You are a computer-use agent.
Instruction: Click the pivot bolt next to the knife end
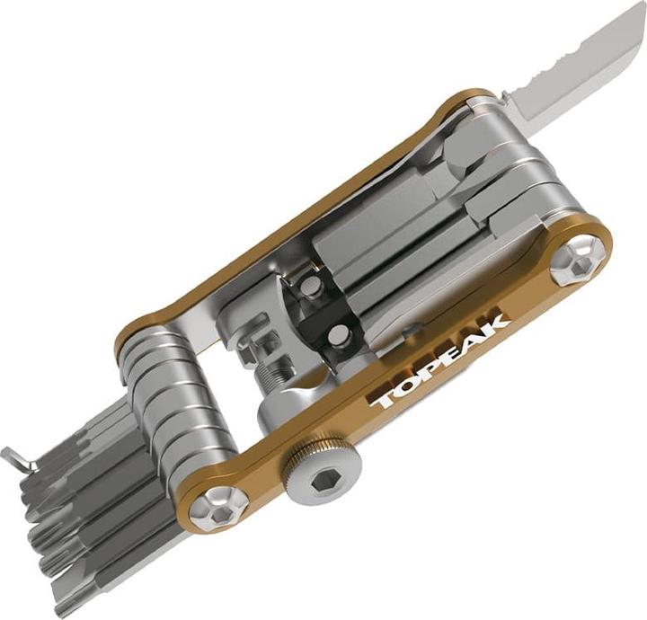click(578, 261)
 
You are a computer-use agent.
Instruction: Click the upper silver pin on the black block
click(312, 285)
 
